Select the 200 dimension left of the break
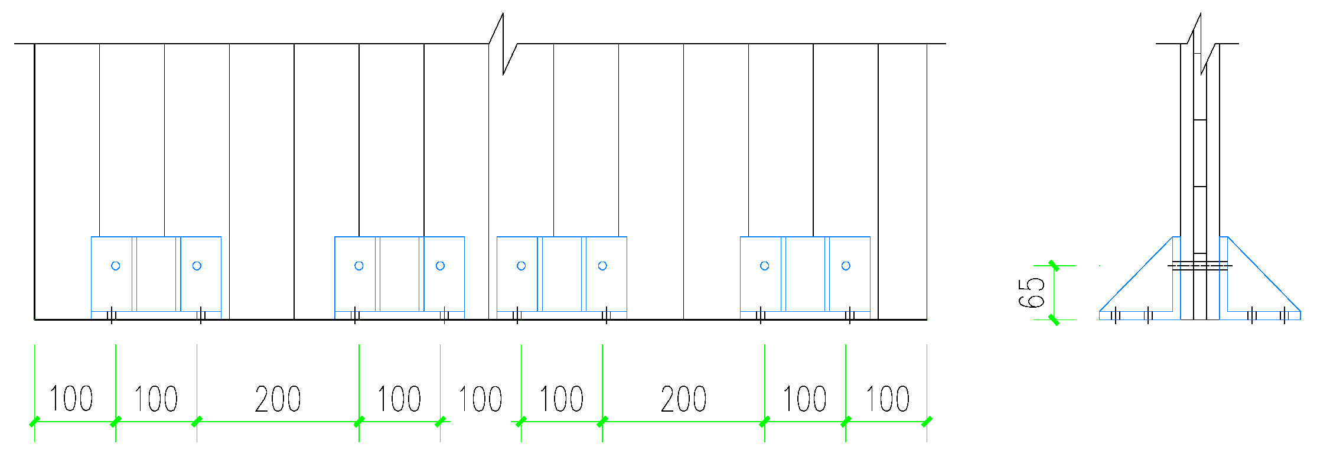[278, 399]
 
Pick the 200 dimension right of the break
[683, 399]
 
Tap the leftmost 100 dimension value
[71, 399]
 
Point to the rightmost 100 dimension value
[887, 399]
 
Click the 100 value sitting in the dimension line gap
[480, 399]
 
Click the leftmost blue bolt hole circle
[116, 266]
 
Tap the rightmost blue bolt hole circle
[846, 266]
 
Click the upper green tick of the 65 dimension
[1054, 266]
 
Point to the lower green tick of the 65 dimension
[1054, 320]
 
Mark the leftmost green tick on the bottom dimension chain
[34, 422]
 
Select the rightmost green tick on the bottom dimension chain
[927, 422]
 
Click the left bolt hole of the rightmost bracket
[764, 266]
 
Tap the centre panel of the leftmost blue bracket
[157, 273]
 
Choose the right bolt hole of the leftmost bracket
[197, 266]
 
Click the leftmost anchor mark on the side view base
[1115, 315]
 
